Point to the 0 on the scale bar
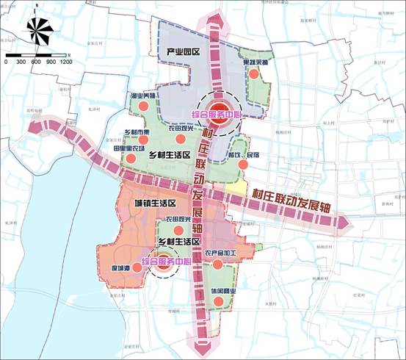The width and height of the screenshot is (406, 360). (x=7, y=62)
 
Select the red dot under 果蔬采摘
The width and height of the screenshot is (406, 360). (x=255, y=74)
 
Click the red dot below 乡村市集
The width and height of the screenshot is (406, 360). (x=137, y=141)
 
